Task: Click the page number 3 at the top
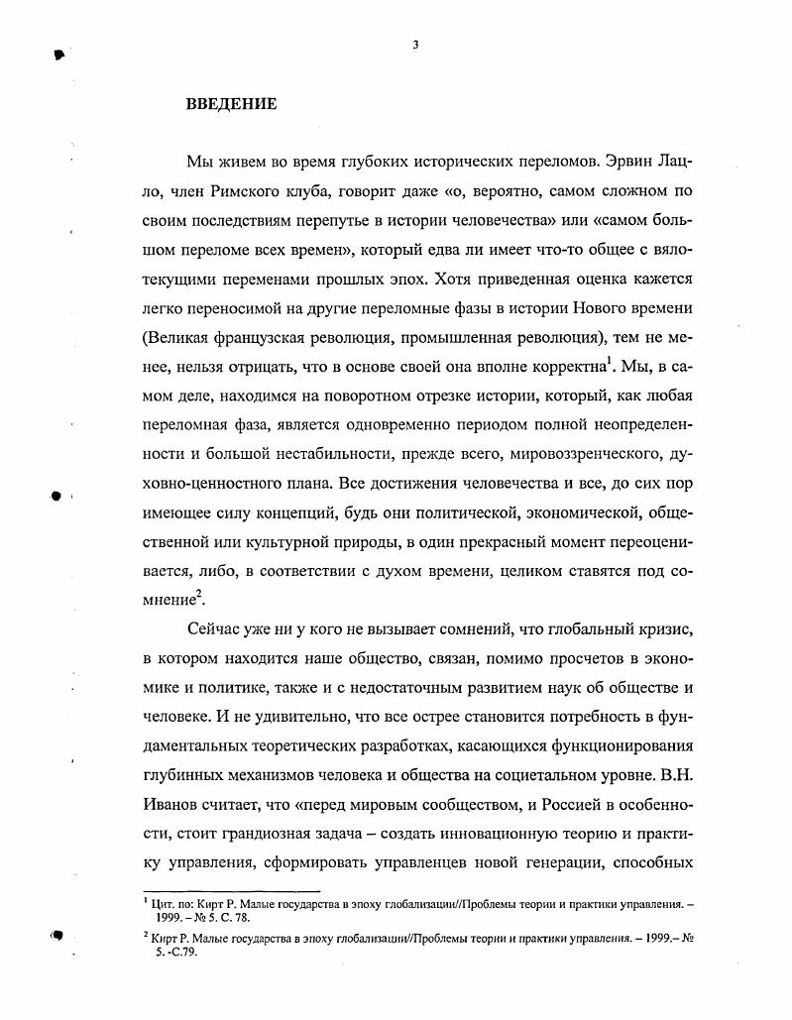pos(415,43)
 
